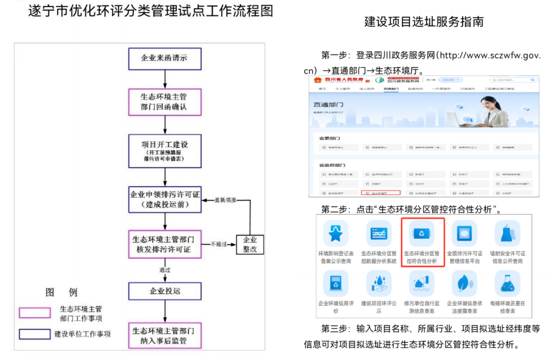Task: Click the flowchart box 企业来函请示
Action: [165, 58]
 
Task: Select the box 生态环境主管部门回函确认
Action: [165, 102]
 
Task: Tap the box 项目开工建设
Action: [165, 151]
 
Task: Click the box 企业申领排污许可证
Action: [165, 200]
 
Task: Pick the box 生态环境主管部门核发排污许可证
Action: [165, 244]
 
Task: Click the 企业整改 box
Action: [249, 244]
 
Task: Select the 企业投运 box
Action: [165, 291]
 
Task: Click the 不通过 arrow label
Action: [218, 244]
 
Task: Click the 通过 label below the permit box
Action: [165, 270]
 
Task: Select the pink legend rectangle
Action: [35, 313]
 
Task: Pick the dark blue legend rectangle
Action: [35, 334]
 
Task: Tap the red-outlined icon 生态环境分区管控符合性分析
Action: [422, 241]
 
